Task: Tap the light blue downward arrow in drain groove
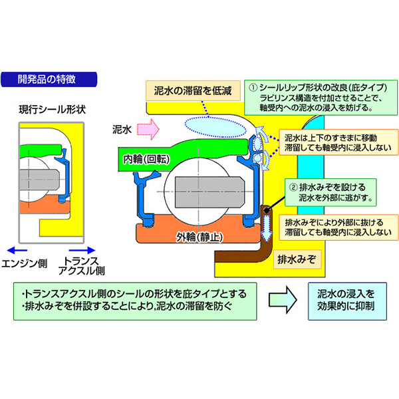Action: coord(266,233)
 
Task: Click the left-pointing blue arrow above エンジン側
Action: coord(19,248)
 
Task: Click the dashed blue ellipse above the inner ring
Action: coord(211,124)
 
